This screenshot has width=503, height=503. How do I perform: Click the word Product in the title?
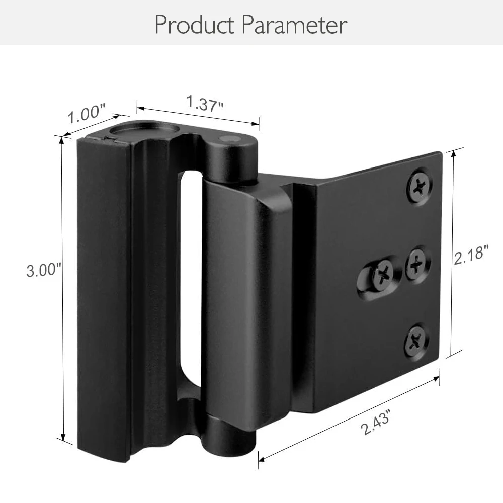195,24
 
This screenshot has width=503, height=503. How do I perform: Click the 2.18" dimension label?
471,255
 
